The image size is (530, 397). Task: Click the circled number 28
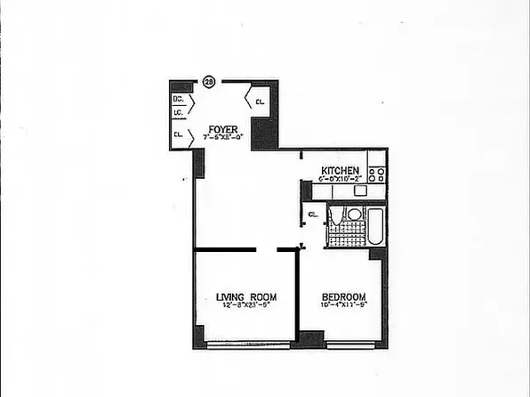tap(209, 81)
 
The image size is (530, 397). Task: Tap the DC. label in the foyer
tap(179, 101)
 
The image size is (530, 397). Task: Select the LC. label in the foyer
tap(179, 114)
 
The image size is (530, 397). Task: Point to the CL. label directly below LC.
tap(179, 134)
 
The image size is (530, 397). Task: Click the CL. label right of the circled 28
tap(260, 102)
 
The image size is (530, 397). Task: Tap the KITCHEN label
tap(341, 170)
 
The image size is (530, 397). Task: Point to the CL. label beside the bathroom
tap(314, 215)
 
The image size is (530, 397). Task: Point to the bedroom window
tap(347, 344)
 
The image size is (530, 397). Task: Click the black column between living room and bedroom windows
tap(310, 339)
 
